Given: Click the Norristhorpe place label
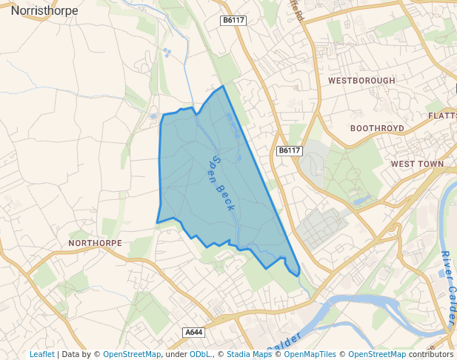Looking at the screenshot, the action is (44, 10).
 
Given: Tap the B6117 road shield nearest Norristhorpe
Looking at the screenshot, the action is (233, 21).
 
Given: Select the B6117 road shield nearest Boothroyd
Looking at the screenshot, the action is (290, 150).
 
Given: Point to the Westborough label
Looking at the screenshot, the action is (361, 80).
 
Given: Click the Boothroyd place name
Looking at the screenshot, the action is (377, 128).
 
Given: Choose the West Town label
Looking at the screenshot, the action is (417, 164).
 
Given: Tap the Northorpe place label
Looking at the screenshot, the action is (94, 243).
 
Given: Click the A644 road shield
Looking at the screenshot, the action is (193, 333).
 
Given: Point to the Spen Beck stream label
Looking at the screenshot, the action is (222, 181).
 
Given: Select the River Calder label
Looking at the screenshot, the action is (448, 289).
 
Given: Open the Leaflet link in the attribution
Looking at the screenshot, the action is (41, 354).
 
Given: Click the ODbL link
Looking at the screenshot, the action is (200, 354).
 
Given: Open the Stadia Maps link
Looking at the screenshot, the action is (249, 354).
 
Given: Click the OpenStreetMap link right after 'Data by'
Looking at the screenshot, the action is (132, 354).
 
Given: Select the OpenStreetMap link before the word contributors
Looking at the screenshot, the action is (377, 354).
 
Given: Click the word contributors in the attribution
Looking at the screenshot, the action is (430, 354).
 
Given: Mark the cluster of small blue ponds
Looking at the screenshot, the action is (167, 52).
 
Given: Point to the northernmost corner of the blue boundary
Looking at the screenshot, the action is (223, 86).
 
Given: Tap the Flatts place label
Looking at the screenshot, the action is (443, 116).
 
